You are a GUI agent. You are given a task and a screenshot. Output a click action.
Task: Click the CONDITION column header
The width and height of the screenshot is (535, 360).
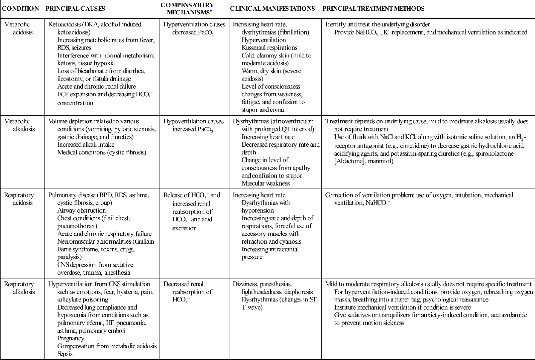[20, 9]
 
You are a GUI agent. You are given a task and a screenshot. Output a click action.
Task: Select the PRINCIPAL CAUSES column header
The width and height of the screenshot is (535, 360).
[75, 9]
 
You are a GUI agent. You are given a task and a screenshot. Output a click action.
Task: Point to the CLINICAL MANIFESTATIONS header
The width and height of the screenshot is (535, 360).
[272, 9]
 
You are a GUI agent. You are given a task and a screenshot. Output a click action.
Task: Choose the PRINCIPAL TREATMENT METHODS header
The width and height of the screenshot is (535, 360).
[373, 9]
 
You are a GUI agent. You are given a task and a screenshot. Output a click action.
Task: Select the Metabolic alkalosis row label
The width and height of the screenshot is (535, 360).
[19, 125]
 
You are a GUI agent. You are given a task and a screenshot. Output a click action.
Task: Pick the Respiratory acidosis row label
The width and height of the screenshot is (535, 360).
[19, 199]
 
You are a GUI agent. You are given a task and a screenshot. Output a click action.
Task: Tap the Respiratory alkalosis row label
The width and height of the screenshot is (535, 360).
[19, 288]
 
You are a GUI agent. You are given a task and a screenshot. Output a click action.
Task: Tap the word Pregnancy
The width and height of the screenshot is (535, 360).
[71, 338]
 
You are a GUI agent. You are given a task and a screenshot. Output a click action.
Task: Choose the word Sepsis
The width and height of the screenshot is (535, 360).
[65, 354]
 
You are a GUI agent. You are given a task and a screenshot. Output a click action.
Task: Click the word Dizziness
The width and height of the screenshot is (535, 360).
[245, 284]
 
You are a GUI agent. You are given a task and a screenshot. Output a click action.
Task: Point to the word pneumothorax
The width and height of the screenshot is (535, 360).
[77, 226]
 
